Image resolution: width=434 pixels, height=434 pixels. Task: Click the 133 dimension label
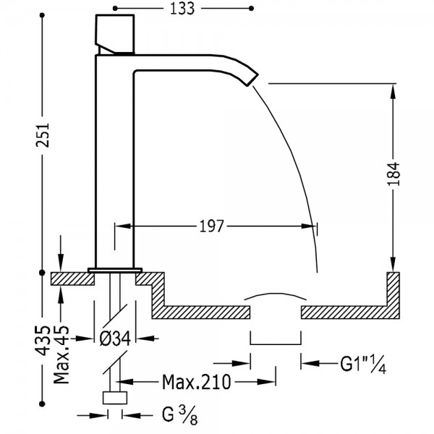click(x=182, y=9)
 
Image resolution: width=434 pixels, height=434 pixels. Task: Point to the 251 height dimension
click(x=43, y=135)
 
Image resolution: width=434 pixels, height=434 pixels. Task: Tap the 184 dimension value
click(x=393, y=174)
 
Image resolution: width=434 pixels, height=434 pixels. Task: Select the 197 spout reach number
click(x=211, y=226)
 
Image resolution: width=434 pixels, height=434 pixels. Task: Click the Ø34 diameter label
click(x=115, y=339)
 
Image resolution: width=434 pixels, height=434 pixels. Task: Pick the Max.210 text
click(x=196, y=382)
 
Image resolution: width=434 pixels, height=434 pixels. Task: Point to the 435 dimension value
click(x=43, y=341)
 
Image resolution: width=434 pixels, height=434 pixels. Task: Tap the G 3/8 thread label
click(x=179, y=415)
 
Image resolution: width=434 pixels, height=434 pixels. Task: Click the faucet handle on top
click(x=115, y=34)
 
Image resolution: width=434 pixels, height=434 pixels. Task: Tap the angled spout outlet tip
click(x=252, y=80)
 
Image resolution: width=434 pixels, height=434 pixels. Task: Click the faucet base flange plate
click(x=115, y=270)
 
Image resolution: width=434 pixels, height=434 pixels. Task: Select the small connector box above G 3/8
click(x=115, y=398)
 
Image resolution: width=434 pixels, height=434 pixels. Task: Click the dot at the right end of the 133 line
click(x=251, y=9)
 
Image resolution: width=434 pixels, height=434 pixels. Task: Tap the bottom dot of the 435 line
click(x=42, y=404)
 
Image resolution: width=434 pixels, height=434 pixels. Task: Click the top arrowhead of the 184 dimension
click(x=393, y=91)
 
